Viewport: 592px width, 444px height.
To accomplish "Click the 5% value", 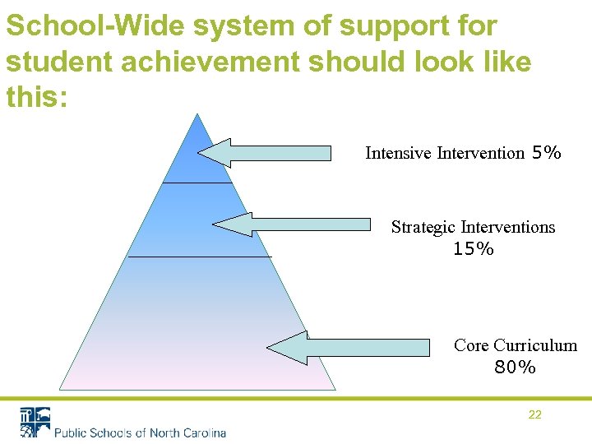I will tap(547, 152).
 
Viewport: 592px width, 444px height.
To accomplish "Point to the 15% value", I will tap(474, 249).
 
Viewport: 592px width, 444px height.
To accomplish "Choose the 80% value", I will tap(516, 368).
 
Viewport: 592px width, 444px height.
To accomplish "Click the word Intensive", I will tap(399, 153).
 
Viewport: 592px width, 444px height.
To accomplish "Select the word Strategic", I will tap(423, 227).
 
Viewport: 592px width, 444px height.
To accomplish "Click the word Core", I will tap(471, 345).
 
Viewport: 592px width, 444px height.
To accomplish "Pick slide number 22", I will tap(535, 415).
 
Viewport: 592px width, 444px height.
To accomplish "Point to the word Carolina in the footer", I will tap(201, 432).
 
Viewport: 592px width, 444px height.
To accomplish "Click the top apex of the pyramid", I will tap(197, 114).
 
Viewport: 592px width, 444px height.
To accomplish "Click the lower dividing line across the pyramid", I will tap(199, 257).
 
